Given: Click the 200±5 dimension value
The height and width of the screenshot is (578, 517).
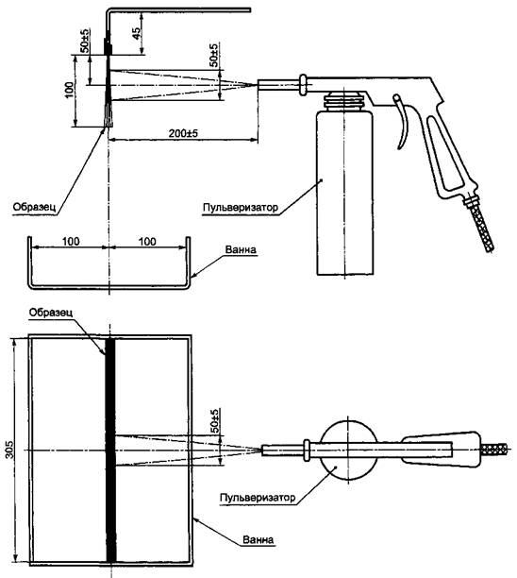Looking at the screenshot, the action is [x=183, y=133].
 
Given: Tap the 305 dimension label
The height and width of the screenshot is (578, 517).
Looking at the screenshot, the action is [x=9, y=449].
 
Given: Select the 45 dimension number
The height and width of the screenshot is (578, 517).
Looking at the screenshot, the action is [x=136, y=34].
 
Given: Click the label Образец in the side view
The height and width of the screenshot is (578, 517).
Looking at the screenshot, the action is [x=34, y=207].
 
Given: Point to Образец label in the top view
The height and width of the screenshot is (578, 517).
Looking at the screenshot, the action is [x=51, y=313].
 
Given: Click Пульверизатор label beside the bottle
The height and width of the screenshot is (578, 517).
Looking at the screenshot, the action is [x=241, y=208].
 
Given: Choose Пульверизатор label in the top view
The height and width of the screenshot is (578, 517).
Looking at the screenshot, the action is [x=258, y=498].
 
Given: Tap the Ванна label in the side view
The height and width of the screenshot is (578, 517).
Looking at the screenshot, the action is [x=241, y=249].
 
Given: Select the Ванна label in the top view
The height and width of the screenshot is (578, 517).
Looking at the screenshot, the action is [x=258, y=539].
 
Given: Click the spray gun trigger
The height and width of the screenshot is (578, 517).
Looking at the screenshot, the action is [x=401, y=121].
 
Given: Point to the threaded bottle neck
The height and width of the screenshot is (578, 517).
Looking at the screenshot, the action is [x=344, y=100].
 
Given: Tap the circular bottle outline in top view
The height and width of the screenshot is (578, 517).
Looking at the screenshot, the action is [x=348, y=421].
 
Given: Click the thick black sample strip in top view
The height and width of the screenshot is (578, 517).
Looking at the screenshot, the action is [x=110, y=450].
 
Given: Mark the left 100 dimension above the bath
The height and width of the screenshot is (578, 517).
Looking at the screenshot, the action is [x=71, y=241].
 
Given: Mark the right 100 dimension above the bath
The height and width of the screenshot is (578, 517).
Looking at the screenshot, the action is [x=147, y=241].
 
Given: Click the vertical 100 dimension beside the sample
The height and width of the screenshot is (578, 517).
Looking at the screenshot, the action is [x=69, y=90].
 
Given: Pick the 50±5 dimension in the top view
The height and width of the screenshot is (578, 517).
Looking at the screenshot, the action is [x=215, y=420].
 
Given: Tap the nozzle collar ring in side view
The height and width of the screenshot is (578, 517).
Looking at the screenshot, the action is [x=304, y=84].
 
